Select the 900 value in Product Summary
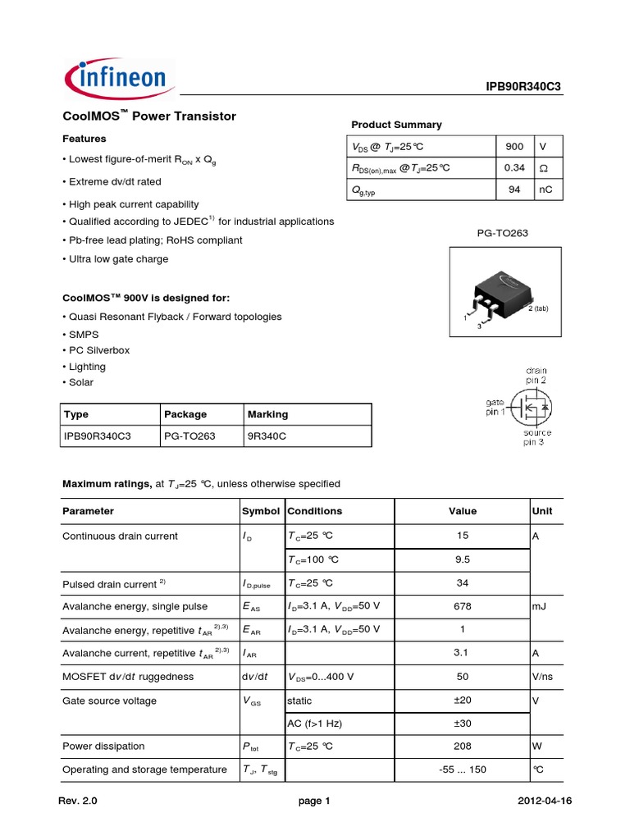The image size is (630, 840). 514,146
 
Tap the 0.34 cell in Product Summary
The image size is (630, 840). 514,168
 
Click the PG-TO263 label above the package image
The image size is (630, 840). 503,233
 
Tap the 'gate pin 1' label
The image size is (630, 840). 495,407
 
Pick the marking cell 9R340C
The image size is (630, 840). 267,436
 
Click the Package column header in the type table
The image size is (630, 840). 185,414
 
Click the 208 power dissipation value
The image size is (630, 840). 463,746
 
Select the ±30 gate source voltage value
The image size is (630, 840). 463,724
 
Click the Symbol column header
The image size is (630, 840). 261,511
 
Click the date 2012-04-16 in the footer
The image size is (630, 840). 544,802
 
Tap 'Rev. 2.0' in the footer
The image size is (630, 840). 83,802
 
